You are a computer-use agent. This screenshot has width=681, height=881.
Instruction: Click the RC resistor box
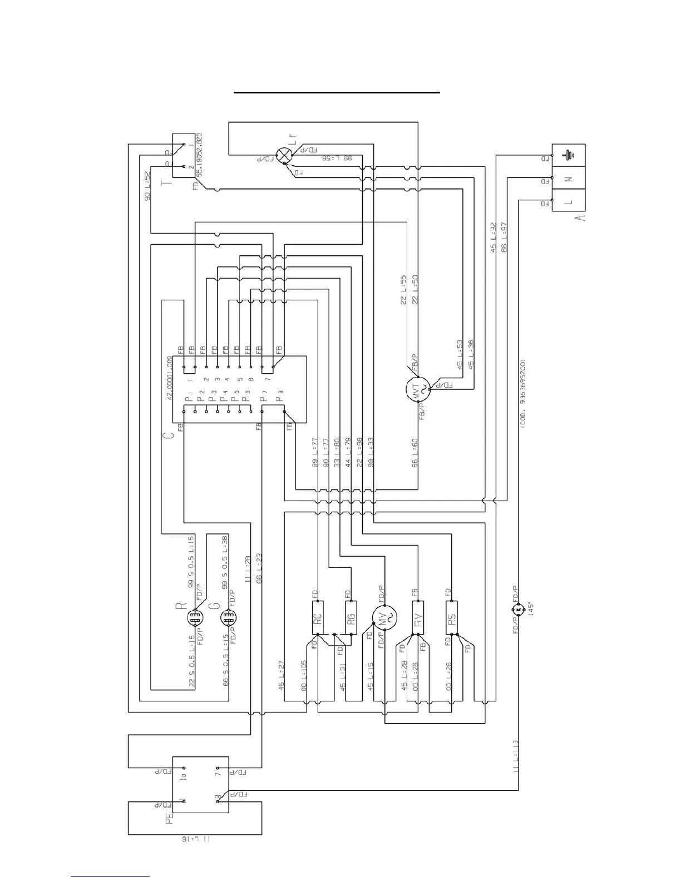[318, 617]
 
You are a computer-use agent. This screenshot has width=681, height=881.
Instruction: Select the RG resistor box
[351, 617]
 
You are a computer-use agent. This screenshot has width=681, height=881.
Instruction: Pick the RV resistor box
[418, 617]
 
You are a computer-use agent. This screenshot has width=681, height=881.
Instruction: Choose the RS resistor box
[452, 617]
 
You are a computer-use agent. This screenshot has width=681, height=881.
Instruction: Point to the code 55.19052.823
[199, 154]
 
